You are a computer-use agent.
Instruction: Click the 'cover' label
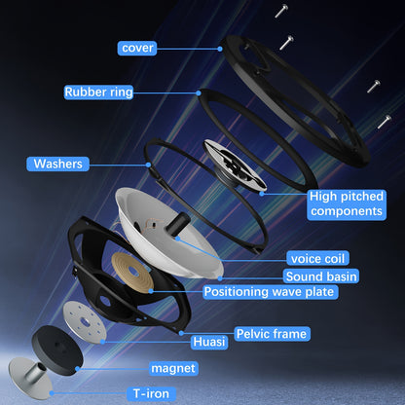pos(137,48)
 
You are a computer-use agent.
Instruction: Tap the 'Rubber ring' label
pos(98,92)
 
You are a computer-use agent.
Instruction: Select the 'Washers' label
pos(57,164)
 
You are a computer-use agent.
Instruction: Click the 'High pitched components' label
pos(347,204)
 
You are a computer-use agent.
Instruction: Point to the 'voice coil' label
pos(317,259)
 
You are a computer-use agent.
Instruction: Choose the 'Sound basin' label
pos(321,276)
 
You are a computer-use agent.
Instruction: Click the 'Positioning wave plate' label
pos(270,292)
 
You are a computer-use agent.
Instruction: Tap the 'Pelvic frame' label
pos(272,334)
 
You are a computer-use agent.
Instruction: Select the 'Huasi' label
pos(209,342)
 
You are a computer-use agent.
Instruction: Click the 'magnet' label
pos(173,369)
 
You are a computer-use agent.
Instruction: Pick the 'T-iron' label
pos(151,394)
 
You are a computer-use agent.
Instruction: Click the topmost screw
pos(281,11)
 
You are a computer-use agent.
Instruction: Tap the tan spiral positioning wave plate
pos(132,272)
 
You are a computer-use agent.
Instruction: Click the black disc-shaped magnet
pos(57,350)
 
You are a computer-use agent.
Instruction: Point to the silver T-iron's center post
pos(35,372)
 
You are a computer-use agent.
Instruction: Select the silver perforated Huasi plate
pos(85,322)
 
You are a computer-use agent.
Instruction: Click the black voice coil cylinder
pos(178,223)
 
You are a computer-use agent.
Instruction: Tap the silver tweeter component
pos(235,166)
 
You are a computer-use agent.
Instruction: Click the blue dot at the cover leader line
pos(220,49)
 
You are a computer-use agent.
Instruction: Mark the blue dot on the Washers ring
pos(148,165)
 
